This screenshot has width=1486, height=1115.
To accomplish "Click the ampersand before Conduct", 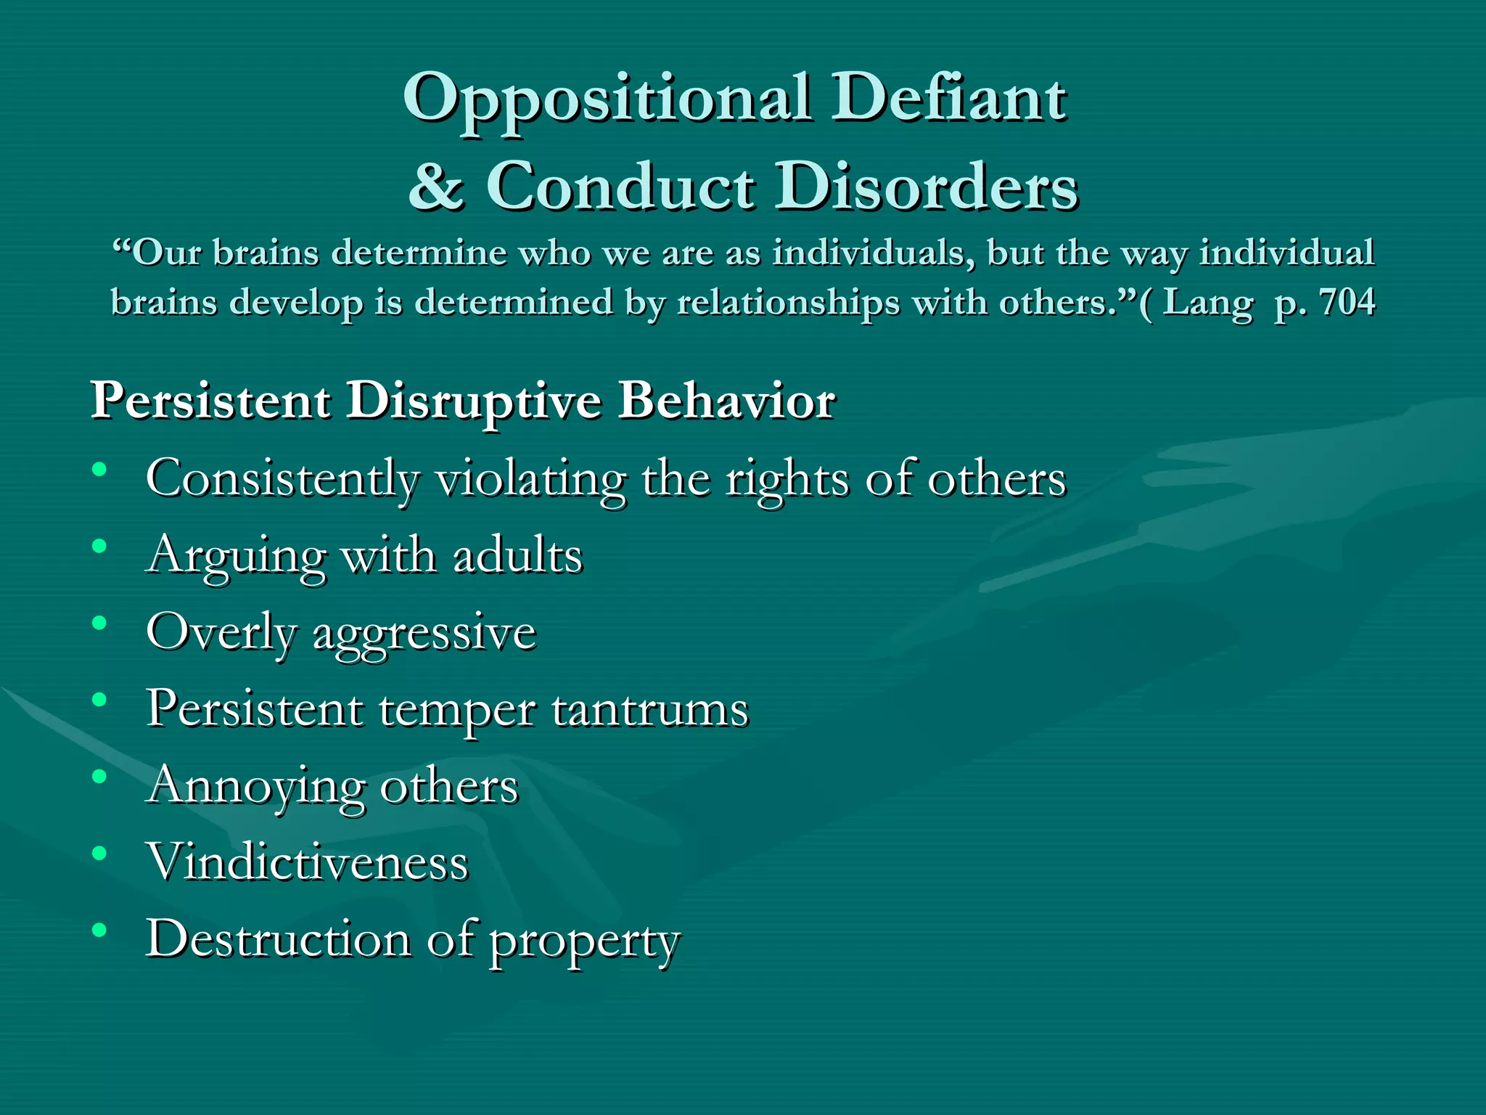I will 436,186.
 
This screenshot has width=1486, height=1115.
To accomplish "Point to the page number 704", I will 1347,302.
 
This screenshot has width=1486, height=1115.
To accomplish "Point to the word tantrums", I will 649,709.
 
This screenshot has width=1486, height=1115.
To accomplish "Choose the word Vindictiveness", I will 308,862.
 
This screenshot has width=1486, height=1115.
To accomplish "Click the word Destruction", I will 279,939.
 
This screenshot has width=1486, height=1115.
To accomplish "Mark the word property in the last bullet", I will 585,942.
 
